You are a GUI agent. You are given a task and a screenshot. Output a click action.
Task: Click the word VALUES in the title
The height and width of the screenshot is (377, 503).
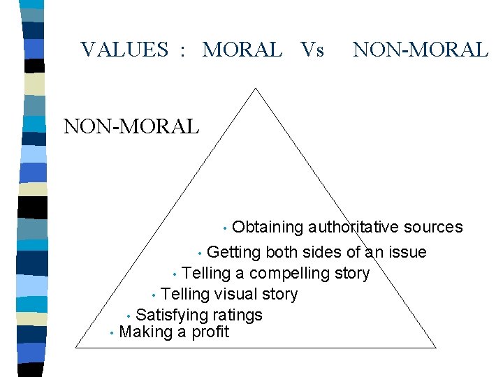[124, 50]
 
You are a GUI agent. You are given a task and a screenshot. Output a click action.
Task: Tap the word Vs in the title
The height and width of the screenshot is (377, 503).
[312, 50]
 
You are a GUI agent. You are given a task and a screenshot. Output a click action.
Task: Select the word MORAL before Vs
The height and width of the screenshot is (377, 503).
[242, 50]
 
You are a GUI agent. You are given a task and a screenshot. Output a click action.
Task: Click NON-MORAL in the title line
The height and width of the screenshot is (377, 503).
[421, 50]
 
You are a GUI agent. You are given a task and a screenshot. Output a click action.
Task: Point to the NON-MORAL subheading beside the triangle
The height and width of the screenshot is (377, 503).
[131, 126]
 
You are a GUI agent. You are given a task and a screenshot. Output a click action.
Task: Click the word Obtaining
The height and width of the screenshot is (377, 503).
[268, 227]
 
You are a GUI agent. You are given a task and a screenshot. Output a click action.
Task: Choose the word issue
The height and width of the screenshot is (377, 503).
[405, 252]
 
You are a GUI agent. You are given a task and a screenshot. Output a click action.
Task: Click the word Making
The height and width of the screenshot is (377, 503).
[145, 332]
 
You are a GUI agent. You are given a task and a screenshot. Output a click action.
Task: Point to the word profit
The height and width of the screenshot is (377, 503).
[210, 332]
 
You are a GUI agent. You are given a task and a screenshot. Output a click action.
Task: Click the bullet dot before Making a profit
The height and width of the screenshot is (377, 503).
[112, 334]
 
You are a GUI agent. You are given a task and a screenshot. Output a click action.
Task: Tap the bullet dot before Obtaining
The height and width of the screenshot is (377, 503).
[224, 228]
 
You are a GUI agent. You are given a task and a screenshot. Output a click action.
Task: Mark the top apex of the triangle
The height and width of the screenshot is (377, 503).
[256, 88]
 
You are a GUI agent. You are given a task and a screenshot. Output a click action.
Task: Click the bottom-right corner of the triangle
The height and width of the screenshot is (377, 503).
[436, 348]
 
